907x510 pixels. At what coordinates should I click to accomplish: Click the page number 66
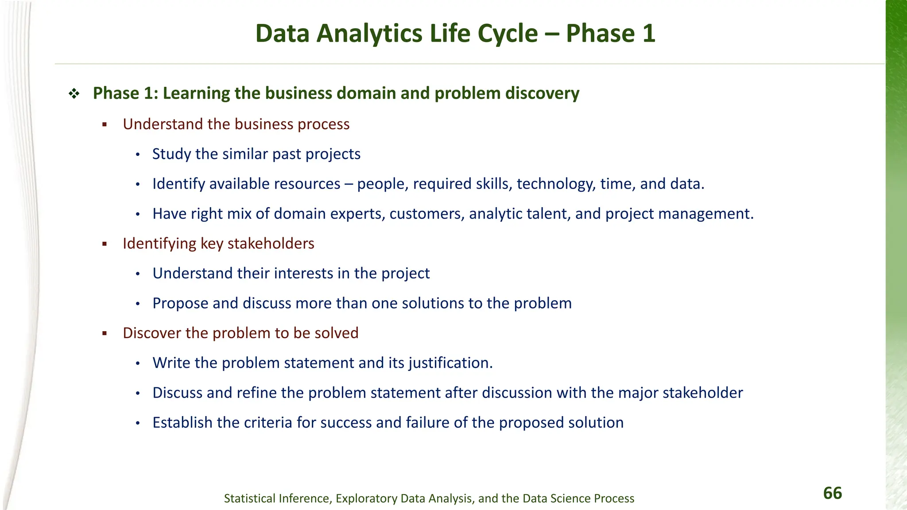pyautogui.click(x=832, y=493)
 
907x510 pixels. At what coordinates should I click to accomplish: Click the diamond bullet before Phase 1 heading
pyautogui.click(x=74, y=93)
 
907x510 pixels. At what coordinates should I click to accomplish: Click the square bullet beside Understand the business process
pyautogui.click(x=105, y=125)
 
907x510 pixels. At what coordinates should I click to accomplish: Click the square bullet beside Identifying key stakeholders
pyautogui.click(x=105, y=244)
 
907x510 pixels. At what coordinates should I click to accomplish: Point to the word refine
pyautogui.click(x=256, y=393)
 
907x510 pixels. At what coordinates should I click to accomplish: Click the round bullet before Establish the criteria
pyautogui.click(x=138, y=423)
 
